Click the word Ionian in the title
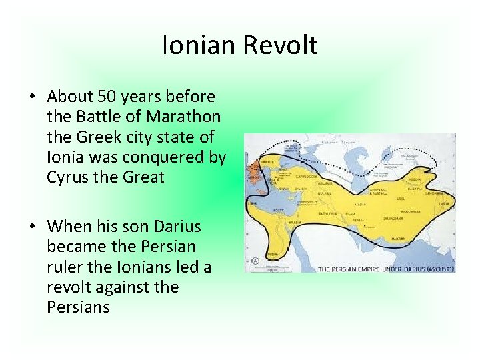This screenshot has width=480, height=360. coord(199,45)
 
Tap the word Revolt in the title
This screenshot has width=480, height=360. coord(279,45)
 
